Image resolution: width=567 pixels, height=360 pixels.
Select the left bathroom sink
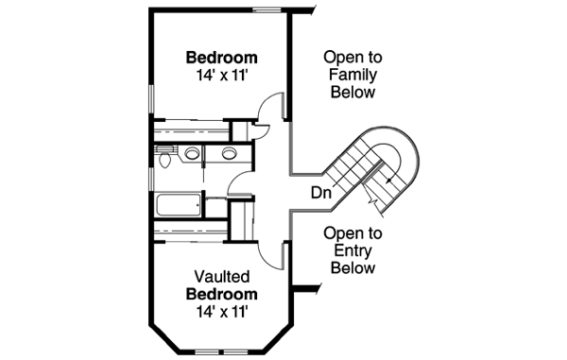click(192, 154)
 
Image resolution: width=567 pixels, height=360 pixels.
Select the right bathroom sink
click(228, 154)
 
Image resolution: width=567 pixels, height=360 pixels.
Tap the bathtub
click(179, 204)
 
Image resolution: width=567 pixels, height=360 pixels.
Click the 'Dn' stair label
click(321, 193)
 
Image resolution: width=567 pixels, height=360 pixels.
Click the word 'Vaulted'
click(222, 277)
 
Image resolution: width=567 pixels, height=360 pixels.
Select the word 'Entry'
click(352, 250)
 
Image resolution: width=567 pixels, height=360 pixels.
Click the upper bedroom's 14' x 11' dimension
click(222, 74)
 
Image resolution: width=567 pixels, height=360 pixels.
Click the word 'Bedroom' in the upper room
click(222, 56)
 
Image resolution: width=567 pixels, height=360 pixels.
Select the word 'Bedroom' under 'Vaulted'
click(222, 294)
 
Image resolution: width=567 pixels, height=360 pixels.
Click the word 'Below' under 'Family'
click(351, 93)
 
